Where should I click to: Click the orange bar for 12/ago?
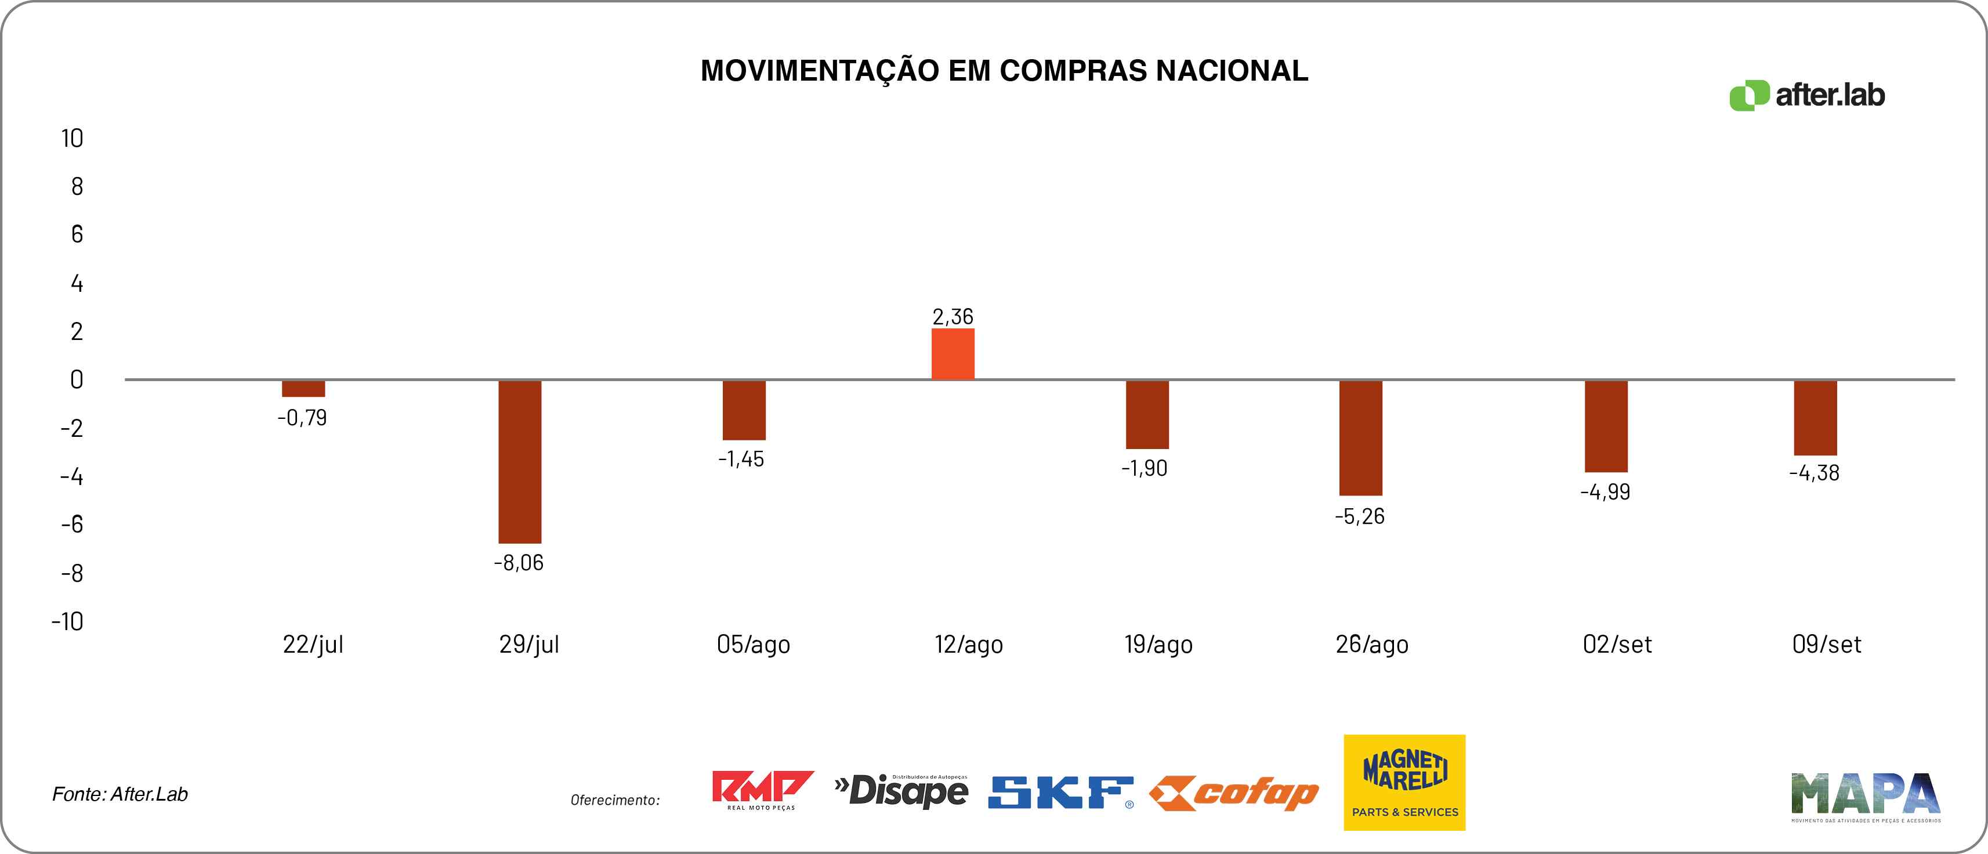pos(953,354)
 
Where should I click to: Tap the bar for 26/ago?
pos(1360,438)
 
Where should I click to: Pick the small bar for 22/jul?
pos(303,388)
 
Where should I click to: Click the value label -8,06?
pos(519,563)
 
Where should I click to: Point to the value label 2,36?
pos(953,317)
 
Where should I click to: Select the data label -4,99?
pos(1605,492)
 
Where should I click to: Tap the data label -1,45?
pos(741,459)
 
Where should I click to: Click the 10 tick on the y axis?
pos(72,139)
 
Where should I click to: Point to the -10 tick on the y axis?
pos(67,621)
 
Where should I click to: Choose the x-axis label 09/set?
pos(1826,644)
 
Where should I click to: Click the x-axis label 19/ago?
pos(1158,644)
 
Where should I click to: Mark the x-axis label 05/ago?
pos(752,644)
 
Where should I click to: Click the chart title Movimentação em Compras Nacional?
pos(1004,71)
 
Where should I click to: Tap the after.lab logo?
pos(1806,95)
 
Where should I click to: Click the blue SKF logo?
pos(1060,793)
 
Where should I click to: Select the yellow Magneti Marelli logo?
pos(1404,782)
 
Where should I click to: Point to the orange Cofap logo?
pos(1233,793)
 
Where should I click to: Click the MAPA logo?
pos(1865,795)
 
